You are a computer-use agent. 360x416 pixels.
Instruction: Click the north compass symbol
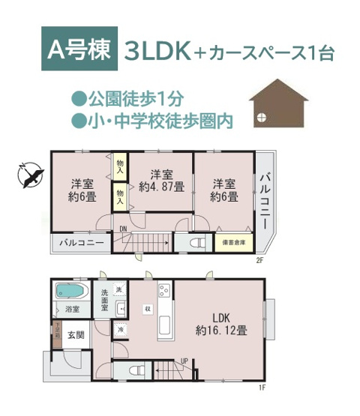click(x=28, y=174)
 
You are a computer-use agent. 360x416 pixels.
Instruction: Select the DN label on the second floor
click(x=123, y=231)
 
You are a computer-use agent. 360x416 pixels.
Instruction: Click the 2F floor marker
click(x=260, y=261)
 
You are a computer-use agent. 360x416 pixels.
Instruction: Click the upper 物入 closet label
click(x=121, y=164)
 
